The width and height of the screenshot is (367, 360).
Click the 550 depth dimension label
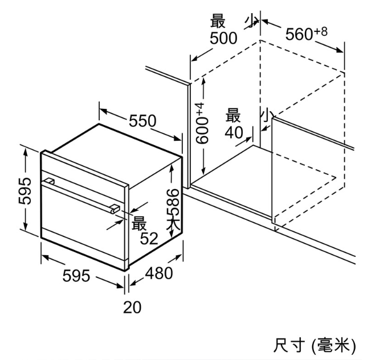142,121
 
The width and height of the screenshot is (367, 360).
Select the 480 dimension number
159,273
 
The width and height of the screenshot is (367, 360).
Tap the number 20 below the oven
132,307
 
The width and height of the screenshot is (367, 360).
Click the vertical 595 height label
25,191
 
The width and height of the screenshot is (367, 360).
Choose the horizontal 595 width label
76,276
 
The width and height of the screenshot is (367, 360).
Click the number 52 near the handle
149,239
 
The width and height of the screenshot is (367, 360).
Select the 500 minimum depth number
223,38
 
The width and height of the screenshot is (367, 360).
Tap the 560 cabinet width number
299,34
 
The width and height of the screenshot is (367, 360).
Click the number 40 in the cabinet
234,132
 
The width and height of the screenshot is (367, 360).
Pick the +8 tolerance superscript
321,31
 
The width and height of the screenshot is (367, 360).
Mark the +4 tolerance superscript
200,109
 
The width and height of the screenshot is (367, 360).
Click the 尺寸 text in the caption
289,345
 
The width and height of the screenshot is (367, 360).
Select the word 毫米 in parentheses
334,345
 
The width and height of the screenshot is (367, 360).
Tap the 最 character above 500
218,21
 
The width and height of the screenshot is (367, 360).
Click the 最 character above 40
233,115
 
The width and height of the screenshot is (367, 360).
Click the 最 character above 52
139,223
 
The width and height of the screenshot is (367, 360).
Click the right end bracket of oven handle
115,209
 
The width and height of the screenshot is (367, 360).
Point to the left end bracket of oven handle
50,181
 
